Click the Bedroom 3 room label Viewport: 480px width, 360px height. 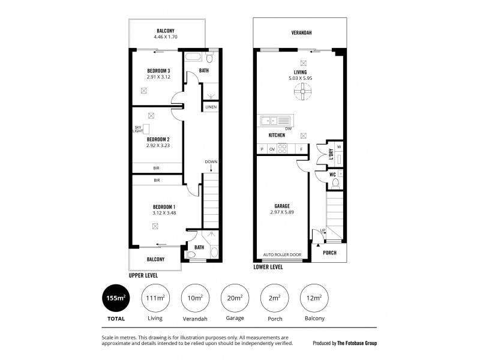pos(158,71)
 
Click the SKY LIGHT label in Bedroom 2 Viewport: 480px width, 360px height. pos(138,128)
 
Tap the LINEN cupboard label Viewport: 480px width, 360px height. pos(211,107)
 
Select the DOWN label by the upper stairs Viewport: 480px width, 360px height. pos(211,162)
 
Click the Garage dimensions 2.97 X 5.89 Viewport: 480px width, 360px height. pos(282,212)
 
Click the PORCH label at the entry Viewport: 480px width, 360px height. pos(329,253)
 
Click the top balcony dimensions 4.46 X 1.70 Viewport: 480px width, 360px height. pos(166,37)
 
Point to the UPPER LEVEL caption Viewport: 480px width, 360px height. pos(143,274)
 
